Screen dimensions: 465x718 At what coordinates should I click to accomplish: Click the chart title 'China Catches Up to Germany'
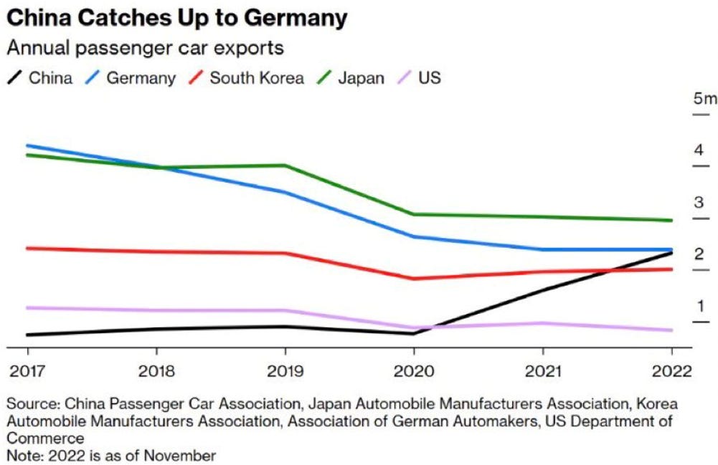click(x=176, y=19)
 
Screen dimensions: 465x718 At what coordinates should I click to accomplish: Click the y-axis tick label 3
click(x=699, y=203)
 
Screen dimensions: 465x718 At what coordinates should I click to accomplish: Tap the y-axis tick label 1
click(x=699, y=307)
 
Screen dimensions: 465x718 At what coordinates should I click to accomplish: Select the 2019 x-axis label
click(x=285, y=372)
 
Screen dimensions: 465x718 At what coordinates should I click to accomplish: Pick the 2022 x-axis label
click(x=671, y=372)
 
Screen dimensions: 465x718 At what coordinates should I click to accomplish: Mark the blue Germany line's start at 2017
click(x=28, y=145)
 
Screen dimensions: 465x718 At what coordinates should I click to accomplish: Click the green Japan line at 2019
click(x=285, y=166)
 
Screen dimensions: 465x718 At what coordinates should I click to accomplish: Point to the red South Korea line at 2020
click(x=414, y=279)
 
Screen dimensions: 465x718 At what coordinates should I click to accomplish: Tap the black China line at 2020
click(x=414, y=333)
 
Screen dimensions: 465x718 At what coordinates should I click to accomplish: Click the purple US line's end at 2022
click(x=671, y=330)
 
